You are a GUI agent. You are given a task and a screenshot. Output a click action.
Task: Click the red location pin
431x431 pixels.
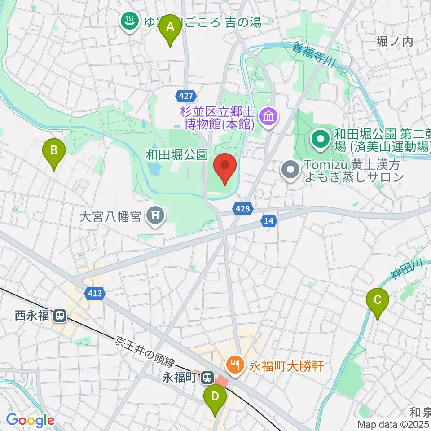point(225,167)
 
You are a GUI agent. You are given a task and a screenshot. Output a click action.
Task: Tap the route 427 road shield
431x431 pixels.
point(185,96)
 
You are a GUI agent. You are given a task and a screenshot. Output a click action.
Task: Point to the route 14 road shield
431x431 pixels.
point(268,220)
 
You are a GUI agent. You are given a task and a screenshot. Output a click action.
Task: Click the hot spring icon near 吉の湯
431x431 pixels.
point(130,22)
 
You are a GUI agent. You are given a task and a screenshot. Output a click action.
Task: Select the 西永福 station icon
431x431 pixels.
point(59,316)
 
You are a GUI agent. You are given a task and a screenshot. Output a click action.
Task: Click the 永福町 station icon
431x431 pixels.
point(207,377)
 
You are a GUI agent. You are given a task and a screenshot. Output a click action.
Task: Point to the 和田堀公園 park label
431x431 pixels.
point(176,155)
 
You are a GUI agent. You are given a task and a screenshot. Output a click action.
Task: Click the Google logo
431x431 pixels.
point(30,421)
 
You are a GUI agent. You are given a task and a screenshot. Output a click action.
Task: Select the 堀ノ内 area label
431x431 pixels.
point(395,42)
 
